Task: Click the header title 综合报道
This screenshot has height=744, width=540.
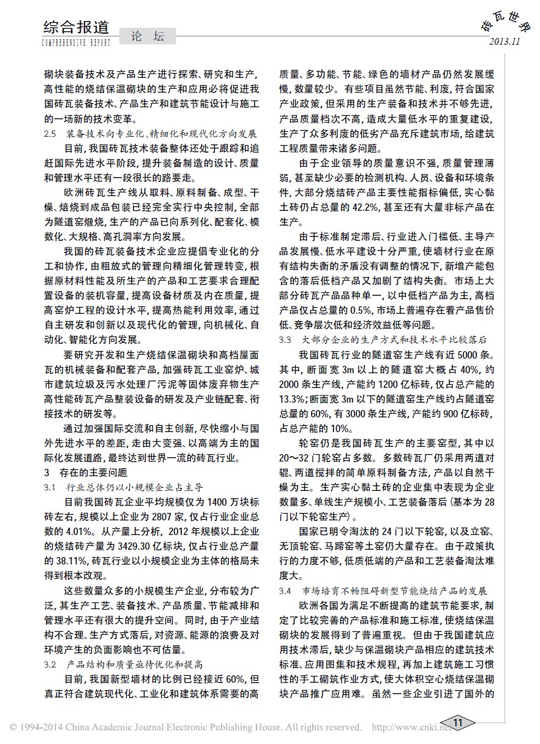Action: (x=77, y=27)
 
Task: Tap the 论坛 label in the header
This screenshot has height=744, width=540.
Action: (x=147, y=37)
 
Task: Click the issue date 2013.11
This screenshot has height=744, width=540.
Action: (x=504, y=42)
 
